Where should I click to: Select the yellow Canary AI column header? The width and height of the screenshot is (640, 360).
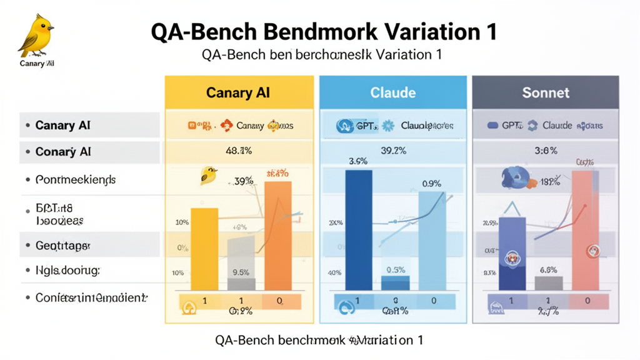pos(238,92)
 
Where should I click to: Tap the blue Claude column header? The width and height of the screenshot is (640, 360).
pos(392,92)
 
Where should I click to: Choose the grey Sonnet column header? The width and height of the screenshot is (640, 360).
pos(546,92)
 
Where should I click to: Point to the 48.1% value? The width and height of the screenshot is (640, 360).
pos(237,150)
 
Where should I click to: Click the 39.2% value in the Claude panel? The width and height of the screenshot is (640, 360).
pos(393,150)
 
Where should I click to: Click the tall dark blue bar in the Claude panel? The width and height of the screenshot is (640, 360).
pos(358,231)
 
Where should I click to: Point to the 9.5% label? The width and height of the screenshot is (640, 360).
pos(241,272)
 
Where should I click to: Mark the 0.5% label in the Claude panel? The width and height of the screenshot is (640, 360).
pos(396,269)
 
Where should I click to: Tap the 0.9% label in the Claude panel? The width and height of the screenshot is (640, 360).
pos(431,184)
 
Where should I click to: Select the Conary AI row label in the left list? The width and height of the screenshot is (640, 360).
pos(63,152)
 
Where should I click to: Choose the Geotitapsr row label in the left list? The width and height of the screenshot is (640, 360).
pos(63,246)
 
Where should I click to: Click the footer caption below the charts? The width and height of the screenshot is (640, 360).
pos(319,340)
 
